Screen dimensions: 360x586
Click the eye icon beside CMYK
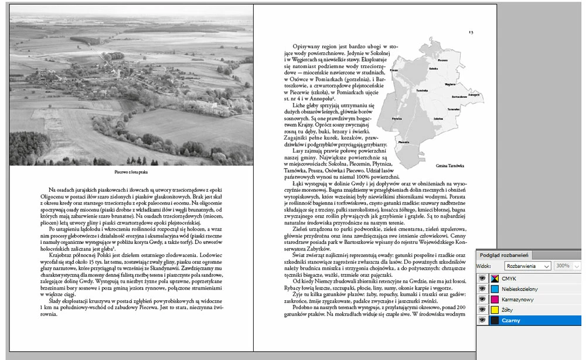click(482, 279)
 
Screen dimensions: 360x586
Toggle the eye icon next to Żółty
click(482, 310)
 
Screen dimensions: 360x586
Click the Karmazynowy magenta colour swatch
click(495, 300)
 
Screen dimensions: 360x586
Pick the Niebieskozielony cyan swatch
click(495, 289)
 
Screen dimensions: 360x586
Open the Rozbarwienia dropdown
click(528, 266)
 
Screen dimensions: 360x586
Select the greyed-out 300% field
click(564, 266)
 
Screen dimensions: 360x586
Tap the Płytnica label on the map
click(397, 118)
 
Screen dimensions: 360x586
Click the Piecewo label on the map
click(403, 142)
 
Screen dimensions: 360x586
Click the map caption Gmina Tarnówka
click(450, 166)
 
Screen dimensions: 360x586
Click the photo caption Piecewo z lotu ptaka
click(131, 172)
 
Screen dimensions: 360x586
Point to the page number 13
click(471, 32)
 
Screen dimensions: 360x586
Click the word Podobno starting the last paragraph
click(304, 307)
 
